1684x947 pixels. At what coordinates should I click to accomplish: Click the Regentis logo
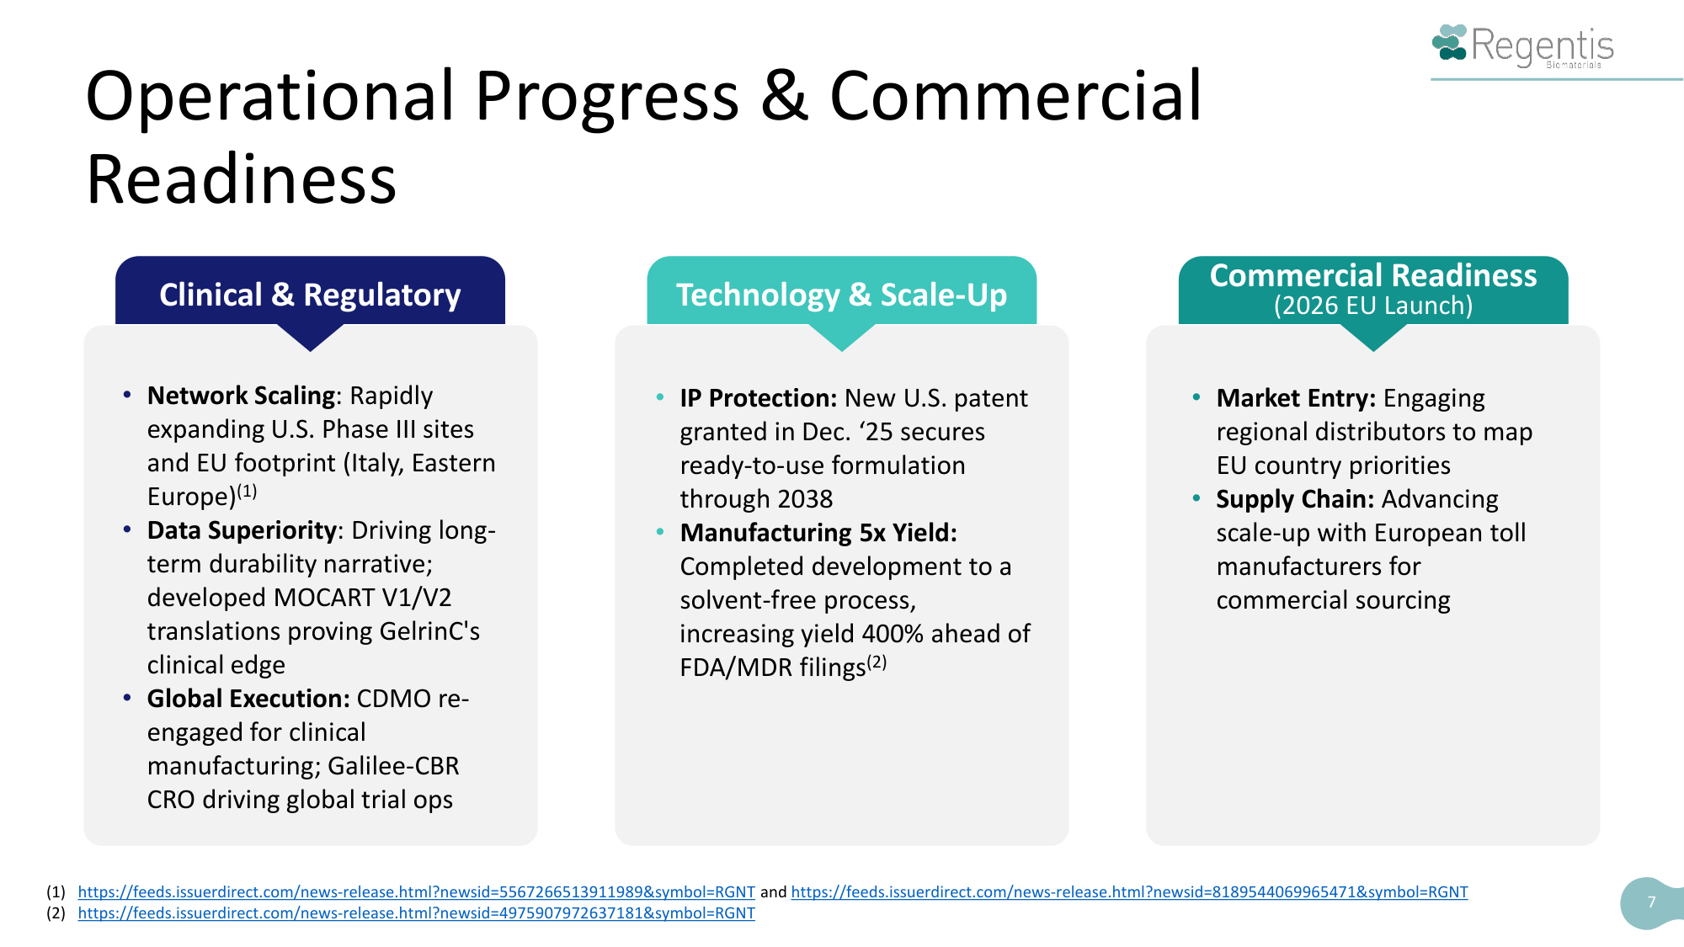tap(1522, 46)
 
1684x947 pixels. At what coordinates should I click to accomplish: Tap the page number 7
tap(1651, 902)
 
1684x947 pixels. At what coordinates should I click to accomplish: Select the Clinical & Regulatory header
tap(310, 295)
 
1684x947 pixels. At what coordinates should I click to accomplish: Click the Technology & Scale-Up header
tap(841, 295)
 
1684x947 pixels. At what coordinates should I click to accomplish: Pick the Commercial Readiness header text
tap(1373, 275)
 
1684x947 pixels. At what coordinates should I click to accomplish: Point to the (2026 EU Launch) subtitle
tap(1373, 306)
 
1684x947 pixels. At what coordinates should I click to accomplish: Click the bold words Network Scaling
tap(242, 395)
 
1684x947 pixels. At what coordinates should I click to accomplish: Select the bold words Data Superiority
tap(242, 529)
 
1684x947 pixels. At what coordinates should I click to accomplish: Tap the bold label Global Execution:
tap(248, 698)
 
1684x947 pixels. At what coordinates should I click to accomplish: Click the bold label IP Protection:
tap(759, 397)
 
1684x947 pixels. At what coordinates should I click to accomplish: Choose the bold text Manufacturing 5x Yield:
tap(818, 532)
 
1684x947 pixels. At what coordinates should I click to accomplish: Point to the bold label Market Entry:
tap(1296, 397)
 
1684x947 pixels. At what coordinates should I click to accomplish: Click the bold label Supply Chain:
tap(1295, 499)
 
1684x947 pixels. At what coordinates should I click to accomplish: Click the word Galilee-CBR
tap(393, 765)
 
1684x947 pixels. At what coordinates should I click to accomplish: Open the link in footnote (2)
tap(416, 912)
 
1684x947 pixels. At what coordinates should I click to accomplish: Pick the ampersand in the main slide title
tap(785, 95)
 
